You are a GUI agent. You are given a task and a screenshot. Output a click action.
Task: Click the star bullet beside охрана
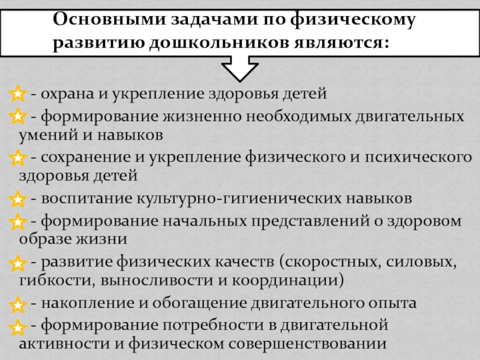coord(18,94)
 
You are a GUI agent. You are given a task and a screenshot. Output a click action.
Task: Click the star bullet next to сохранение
coord(18,158)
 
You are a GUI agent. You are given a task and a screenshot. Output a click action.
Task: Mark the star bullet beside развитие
coord(18,263)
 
